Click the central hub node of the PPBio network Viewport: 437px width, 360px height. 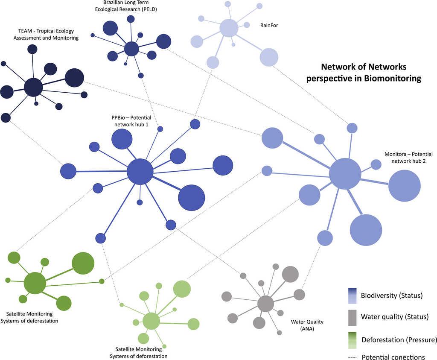click(x=140, y=172)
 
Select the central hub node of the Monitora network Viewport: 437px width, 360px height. click(x=345, y=174)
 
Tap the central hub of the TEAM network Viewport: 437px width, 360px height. click(x=33, y=88)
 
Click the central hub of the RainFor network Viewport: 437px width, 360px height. click(x=228, y=29)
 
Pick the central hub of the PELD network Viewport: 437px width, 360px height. click(x=131, y=49)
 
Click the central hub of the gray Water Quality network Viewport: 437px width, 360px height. click(x=265, y=304)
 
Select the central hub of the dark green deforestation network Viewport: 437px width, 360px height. click(x=35, y=283)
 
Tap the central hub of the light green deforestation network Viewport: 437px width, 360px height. click(x=151, y=321)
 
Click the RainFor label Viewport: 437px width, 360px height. click(x=269, y=25)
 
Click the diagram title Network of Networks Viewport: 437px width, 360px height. click(x=364, y=73)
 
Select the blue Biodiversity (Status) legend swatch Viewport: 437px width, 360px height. click(x=352, y=295)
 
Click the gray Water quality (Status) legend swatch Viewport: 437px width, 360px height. click(x=352, y=317)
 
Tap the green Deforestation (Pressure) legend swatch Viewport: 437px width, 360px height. click(x=352, y=340)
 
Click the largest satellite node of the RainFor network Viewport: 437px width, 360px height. click(x=269, y=57)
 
